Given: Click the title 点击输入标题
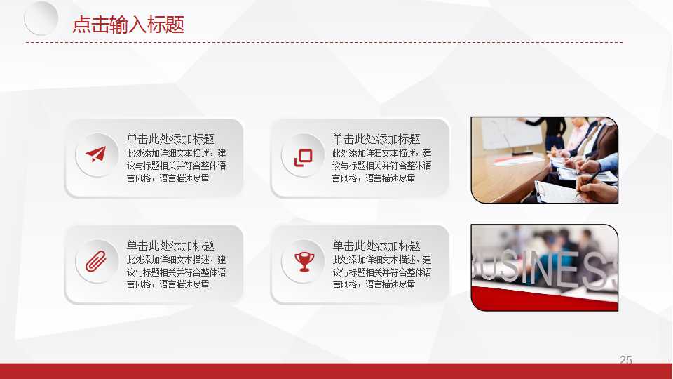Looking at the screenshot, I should tap(128, 25).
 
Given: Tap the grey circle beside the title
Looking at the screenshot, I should tap(41, 18).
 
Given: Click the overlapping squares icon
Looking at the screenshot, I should tap(303, 157).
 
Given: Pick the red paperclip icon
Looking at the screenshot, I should tap(95, 261).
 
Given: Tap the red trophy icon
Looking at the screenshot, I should tap(304, 262).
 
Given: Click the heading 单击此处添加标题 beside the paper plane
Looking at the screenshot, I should tap(170, 139).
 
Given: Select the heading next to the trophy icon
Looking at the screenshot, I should tap(376, 246).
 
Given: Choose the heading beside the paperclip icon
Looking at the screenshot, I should tap(170, 246).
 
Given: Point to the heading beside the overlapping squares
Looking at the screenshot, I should tap(376, 139).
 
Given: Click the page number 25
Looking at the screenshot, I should tap(625, 359).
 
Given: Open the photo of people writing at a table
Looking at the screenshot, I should tap(544, 160).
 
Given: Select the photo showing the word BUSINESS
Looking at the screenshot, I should tap(544, 267).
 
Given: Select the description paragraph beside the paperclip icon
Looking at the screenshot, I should tap(176, 272).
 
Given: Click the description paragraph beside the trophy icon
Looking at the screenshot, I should tap(381, 272).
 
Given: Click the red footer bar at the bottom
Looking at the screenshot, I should tap(336, 371).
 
